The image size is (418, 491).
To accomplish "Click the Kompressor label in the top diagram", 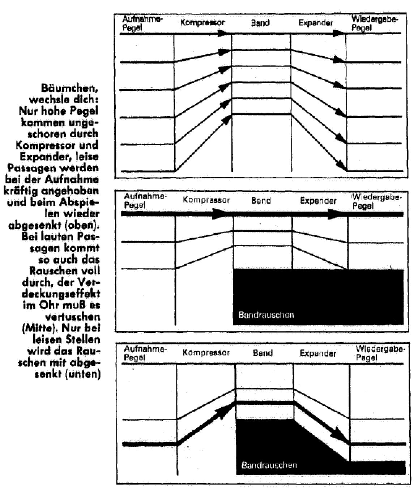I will coord(202,23).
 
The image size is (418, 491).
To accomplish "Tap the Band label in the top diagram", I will coord(260,23).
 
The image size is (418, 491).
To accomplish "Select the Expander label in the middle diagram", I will coord(318,201).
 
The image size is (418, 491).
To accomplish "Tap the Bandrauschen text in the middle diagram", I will coord(266,315).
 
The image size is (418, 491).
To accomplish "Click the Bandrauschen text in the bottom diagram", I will coord(269,465).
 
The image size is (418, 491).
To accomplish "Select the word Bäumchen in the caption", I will coord(70,88).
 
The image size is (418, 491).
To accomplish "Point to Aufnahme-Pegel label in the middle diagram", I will coord(145,200).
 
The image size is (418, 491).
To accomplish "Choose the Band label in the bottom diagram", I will coord(263,353).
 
